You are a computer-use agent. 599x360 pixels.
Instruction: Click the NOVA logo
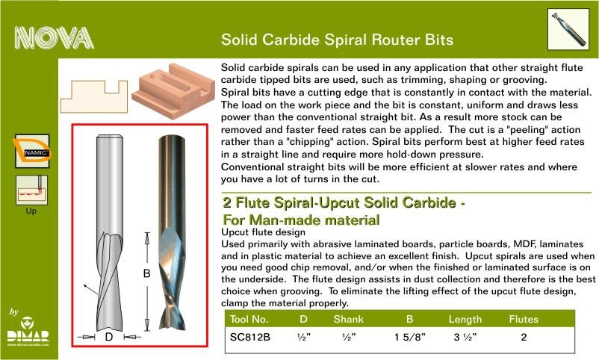pyautogui.click(x=55, y=38)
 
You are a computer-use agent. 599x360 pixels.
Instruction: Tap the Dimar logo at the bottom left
pyautogui.click(x=28, y=331)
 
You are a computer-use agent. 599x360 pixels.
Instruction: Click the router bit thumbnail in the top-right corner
pyautogui.click(x=568, y=29)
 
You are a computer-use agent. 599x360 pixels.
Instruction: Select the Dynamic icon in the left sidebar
pyautogui.click(x=32, y=151)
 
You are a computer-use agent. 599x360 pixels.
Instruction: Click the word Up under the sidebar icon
pyautogui.click(x=31, y=211)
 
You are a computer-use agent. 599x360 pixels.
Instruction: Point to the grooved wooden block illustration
pyautogui.click(x=173, y=91)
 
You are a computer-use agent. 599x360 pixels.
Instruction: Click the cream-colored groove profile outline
pyautogui.click(x=94, y=96)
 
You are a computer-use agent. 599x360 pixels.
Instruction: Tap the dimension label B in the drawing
pyautogui.click(x=146, y=273)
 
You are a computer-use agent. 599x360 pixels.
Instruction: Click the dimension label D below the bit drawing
pyautogui.click(x=109, y=337)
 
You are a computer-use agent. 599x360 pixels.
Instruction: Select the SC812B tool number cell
pyautogui.click(x=250, y=337)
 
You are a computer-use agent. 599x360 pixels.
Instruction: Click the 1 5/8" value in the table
pyautogui.click(x=409, y=337)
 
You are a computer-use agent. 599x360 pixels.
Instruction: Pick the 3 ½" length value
pyautogui.click(x=465, y=337)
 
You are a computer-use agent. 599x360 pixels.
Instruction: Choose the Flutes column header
pyautogui.click(x=524, y=319)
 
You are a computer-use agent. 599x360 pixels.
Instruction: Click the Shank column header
pyautogui.click(x=348, y=319)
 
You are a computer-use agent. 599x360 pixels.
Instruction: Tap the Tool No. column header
pyautogui.click(x=249, y=319)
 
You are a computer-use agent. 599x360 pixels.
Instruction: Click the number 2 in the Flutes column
pyautogui.click(x=524, y=337)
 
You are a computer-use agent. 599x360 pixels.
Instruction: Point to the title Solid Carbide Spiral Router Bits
pyautogui.click(x=337, y=40)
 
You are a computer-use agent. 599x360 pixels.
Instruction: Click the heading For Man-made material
pyautogui.click(x=301, y=220)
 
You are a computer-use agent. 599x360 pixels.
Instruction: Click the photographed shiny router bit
pyautogui.click(x=172, y=232)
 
